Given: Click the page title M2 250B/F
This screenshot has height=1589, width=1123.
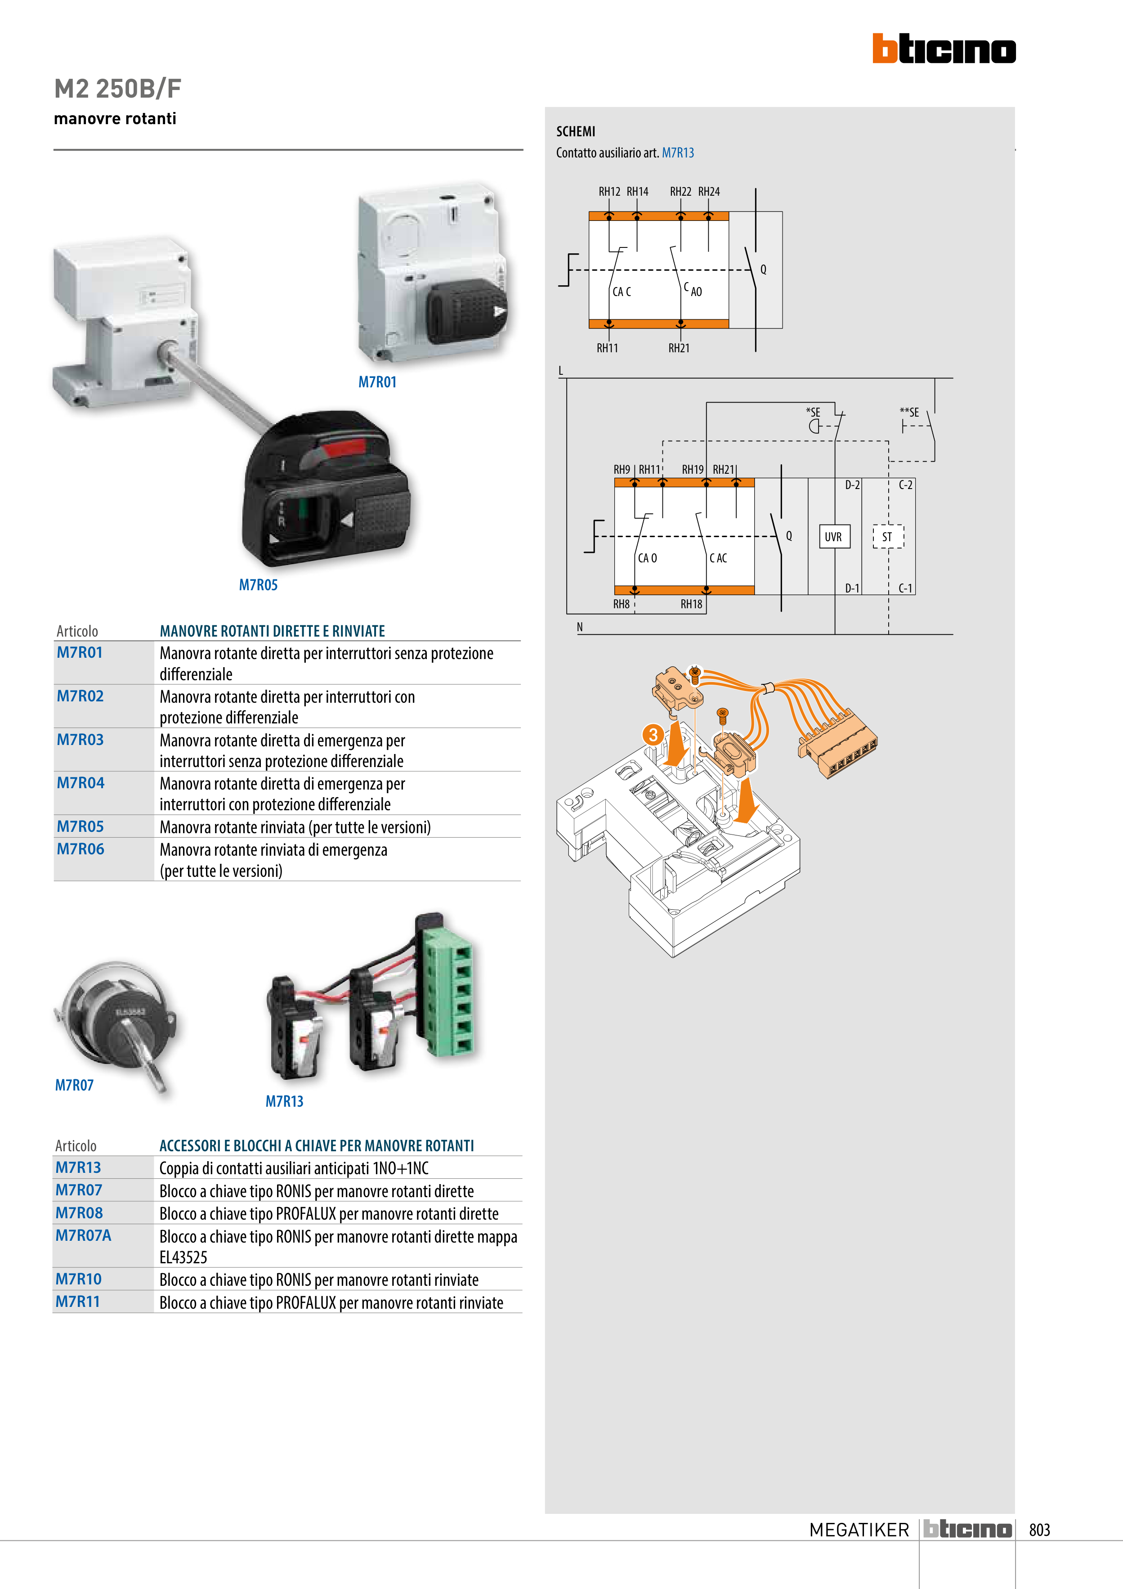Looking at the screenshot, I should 118,89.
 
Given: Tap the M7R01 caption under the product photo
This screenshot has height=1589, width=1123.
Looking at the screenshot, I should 377,382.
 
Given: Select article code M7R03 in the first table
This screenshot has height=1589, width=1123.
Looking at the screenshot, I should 80,740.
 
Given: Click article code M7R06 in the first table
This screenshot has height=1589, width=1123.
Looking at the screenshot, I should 80,849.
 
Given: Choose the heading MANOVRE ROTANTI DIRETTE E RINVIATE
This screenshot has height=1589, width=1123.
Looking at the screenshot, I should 272,631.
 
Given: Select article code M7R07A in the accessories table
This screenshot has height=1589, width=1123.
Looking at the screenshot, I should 83,1235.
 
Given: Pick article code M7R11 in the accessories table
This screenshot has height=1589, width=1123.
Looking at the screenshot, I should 77,1302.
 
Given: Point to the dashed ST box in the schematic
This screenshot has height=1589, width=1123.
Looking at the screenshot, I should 888,537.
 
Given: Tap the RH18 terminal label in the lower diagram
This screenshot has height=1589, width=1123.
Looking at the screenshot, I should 691,604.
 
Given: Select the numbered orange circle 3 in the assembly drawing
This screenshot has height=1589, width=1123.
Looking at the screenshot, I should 653,734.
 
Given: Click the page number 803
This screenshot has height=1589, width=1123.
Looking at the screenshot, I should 1039,1530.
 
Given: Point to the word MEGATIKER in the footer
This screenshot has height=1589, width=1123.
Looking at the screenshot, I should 859,1530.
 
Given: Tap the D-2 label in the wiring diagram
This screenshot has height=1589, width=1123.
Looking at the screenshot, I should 852,485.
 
